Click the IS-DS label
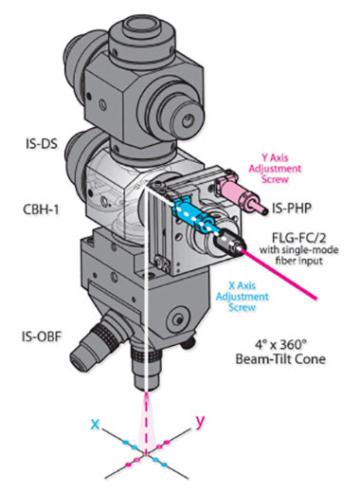[x=42, y=144]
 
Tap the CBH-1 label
[x=41, y=209]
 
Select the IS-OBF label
[x=42, y=336]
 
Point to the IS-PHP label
[x=292, y=209]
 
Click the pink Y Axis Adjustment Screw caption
[x=275, y=169]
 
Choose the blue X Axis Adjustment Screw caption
[x=242, y=297]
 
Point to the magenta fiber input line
[x=279, y=274]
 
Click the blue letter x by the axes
[x=95, y=424]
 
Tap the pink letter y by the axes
[x=200, y=421]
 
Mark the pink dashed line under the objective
[x=146, y=424]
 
